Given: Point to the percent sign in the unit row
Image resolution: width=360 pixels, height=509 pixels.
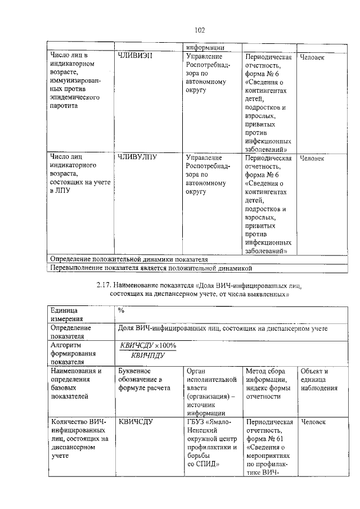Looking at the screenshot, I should click(121, 310).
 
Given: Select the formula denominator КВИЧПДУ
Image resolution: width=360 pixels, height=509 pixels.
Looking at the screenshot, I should click(146, 355).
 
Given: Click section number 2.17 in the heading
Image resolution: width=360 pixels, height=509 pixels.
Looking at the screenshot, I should click(105, 285).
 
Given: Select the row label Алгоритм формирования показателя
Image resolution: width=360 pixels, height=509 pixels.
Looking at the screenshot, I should click(74, 353).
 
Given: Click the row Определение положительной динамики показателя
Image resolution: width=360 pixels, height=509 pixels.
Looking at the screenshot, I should click(129, 259).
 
